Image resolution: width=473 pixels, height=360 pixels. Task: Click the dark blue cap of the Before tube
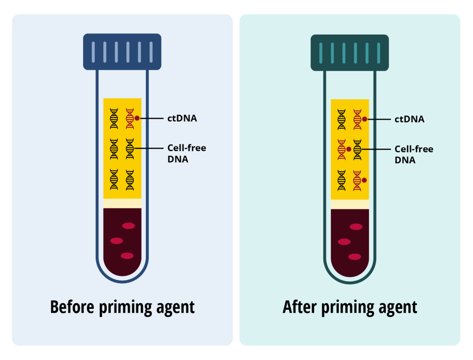[x=122, y=51]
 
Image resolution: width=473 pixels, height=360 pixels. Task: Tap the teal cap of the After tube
[x=350, y=52]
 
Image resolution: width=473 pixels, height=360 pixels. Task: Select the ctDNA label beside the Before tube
[x=182, y=118]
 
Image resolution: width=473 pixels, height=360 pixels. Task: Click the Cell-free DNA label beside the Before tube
[x=186, y=153]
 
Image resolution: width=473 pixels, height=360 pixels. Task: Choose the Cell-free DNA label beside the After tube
[x=414, y=154]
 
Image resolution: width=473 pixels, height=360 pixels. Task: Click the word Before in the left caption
[x=73, y=307]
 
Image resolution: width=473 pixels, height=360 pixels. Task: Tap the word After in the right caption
[x=298, y=307]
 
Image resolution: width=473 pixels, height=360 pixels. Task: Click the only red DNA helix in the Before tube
[x=130, y=119]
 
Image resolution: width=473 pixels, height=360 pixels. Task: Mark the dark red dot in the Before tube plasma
[x=138, y=118]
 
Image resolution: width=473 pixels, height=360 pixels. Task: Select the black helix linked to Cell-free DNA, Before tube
[x=130, y=149]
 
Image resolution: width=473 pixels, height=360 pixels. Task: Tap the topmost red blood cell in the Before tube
[x=128, y=225]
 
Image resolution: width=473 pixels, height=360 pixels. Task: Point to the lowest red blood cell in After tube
[x=355, y=257]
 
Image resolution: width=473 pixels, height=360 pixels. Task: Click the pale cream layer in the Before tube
[x=122, y=203]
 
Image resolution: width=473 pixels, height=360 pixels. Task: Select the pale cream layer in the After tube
[x=350, y=204]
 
